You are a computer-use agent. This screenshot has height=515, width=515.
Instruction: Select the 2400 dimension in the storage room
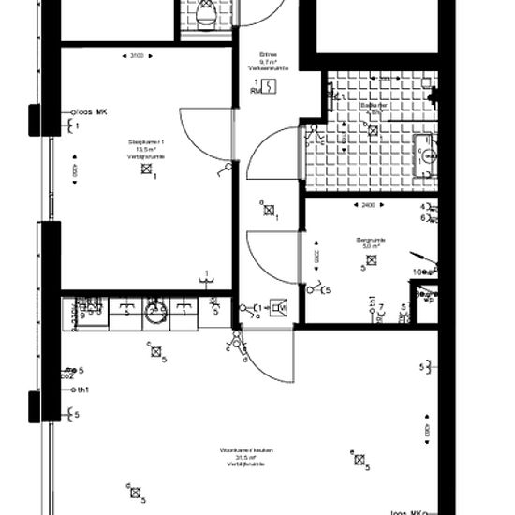tap(368, 205)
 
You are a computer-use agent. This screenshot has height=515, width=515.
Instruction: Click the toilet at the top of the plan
tap(204, 15)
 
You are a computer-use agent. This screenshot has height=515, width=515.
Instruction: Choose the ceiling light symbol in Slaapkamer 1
tap(145, 169)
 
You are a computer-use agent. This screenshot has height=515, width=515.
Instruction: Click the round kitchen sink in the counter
tap(155, 315)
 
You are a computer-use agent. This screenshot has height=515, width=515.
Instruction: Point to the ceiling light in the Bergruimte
tap(370, 261)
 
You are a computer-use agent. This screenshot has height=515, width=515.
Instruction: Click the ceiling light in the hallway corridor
tap(269, 212)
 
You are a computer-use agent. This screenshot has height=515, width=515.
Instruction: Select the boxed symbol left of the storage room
tap(278, 307)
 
